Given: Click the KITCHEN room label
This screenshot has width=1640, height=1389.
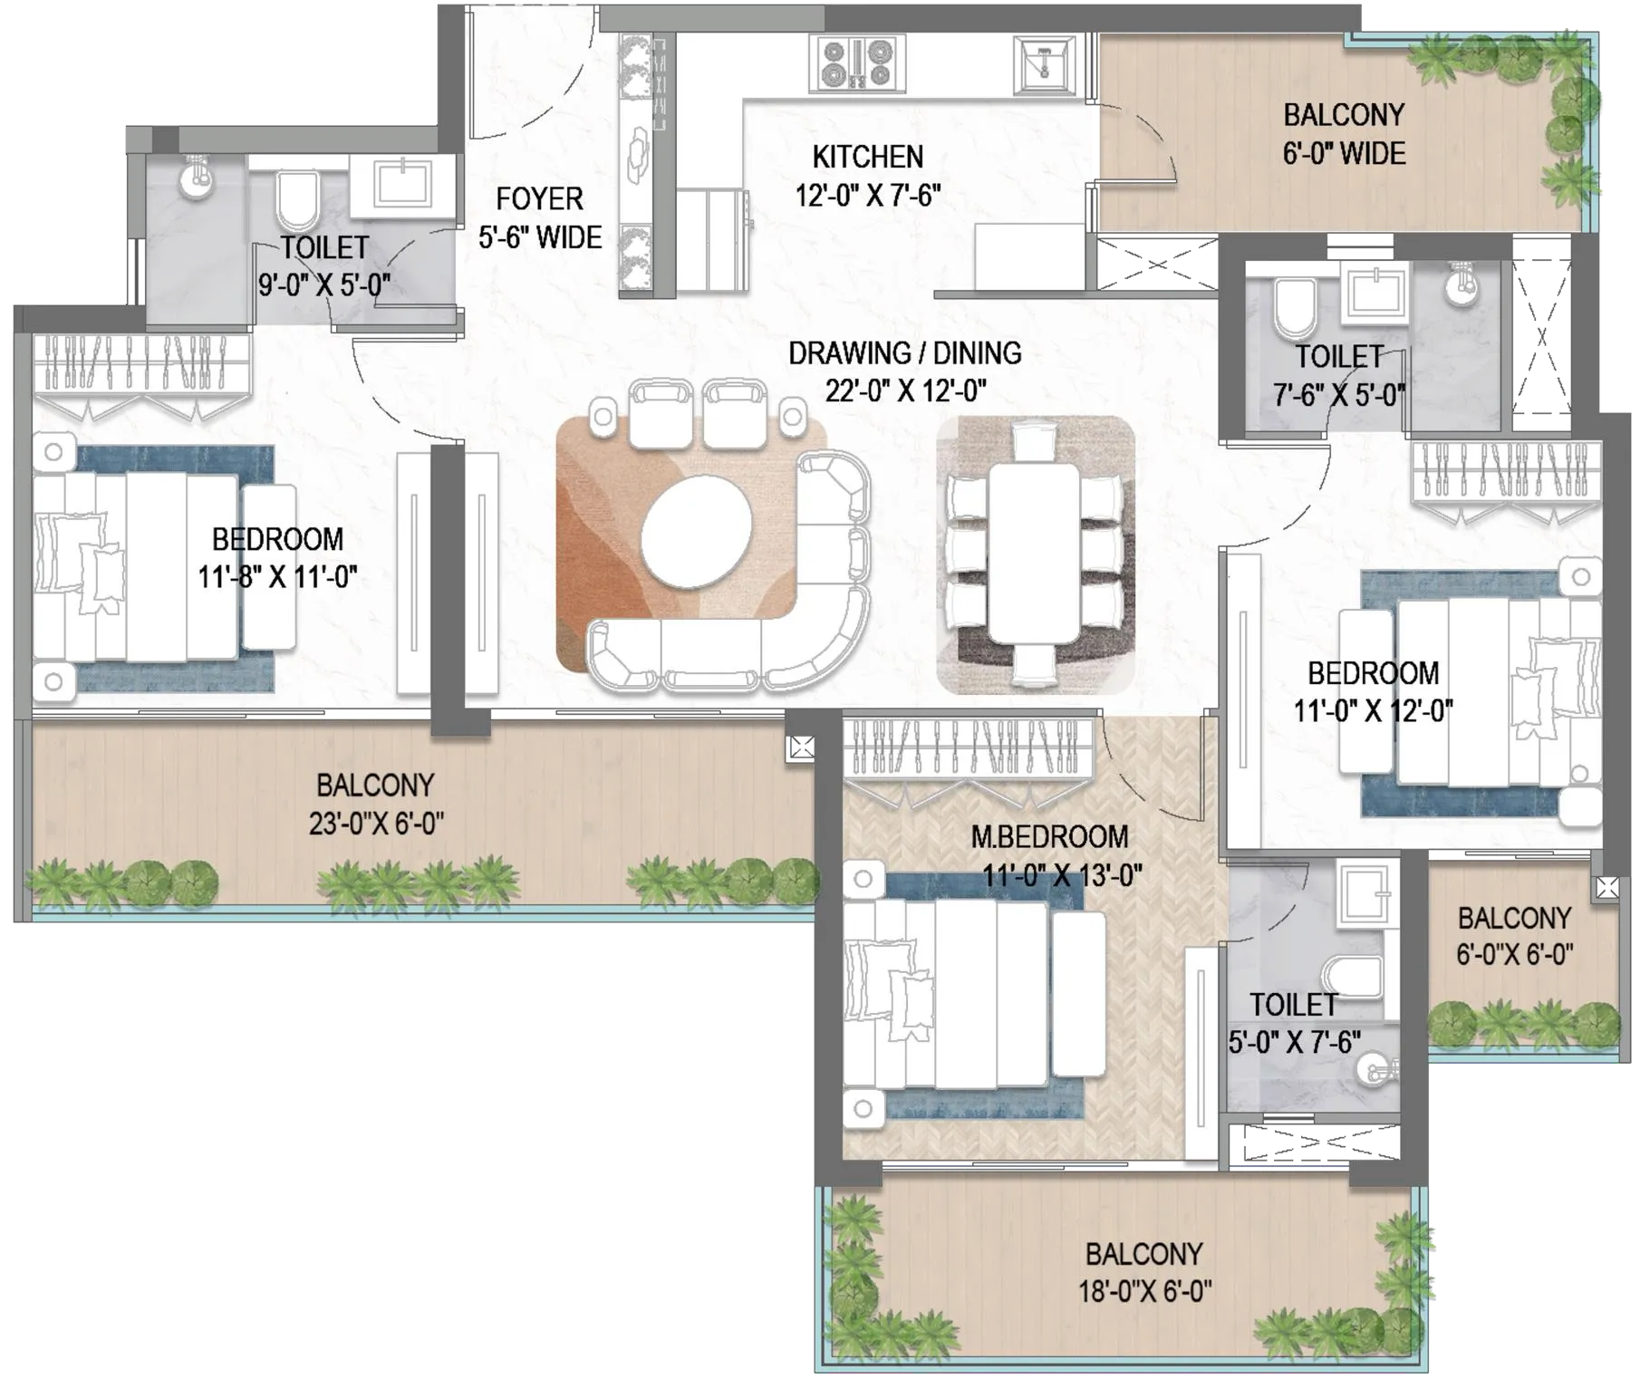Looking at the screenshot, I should (867, 157).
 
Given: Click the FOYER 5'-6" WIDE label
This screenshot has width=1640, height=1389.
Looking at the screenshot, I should (540, 218).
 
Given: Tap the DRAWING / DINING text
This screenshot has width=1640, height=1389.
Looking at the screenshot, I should (904, 352).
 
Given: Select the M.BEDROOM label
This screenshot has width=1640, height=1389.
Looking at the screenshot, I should (1049, 836).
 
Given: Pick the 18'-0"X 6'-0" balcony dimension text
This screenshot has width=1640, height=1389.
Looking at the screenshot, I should (1144, 1290).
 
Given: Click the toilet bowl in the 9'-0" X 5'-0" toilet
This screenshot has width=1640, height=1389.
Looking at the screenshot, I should (296, 202).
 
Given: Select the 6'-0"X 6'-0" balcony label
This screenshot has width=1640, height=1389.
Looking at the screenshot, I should (1514, 954).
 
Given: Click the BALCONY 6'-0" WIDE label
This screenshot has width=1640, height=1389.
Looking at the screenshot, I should (1344, 134).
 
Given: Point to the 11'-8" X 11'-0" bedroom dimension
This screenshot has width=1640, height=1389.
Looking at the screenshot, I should (277, 577).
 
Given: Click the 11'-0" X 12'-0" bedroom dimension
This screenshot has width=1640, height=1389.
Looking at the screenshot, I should (1374, 711).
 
